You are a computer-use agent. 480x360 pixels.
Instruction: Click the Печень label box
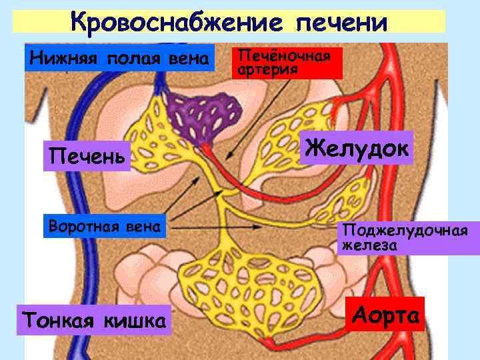tap(86, 157)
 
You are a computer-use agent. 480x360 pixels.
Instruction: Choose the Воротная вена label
tap(105, 227)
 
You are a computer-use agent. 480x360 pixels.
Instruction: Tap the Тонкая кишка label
tap(94, 320)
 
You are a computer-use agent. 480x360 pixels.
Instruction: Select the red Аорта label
tap(387, 314)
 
